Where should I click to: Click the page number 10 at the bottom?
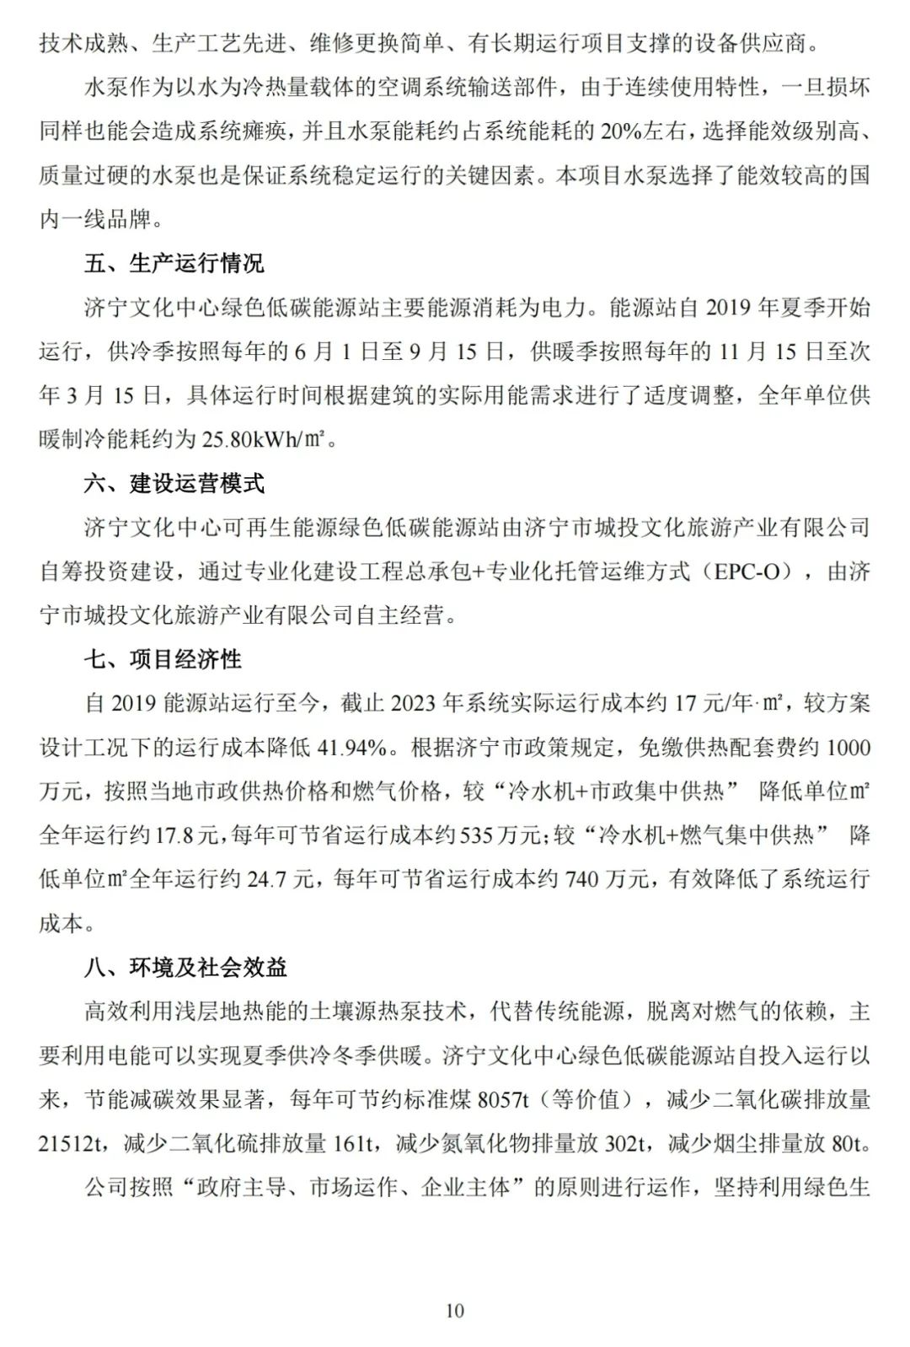coord(454,1310)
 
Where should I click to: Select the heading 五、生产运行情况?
coord(174,264)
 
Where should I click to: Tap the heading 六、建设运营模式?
coord(174,484)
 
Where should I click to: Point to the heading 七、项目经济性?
coord(163,659)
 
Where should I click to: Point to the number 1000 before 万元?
coord(849,748)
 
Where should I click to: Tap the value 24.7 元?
coord(268,879)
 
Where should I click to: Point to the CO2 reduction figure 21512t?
coord(72,1143)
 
